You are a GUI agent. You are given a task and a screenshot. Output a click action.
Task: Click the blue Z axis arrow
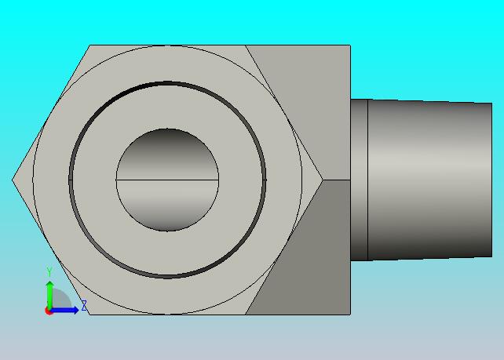pyautogui.click(x=64, y=311)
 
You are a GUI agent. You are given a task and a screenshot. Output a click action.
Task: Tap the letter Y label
pyautogui.click(x=49, y=271)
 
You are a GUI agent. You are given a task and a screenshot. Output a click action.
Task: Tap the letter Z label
pyautogui.click(x=84, y=305)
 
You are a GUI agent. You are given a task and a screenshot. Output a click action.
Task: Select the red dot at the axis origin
pyautogui.click(x=49, y=311)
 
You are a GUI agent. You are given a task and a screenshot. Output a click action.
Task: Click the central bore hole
pyautogui.click(x=167, y=180)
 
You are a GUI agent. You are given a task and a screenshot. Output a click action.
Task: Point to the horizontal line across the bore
pyautogui.click(x=167, y=180)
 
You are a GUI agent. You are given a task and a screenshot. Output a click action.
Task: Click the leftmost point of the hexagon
pyautogui.click(x=13, y=180)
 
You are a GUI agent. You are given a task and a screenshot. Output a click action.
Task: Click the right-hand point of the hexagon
pyautogui.click(x=323, y=180)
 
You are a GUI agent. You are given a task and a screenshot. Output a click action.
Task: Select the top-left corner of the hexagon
pyautogui.click(x=89, y=45)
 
